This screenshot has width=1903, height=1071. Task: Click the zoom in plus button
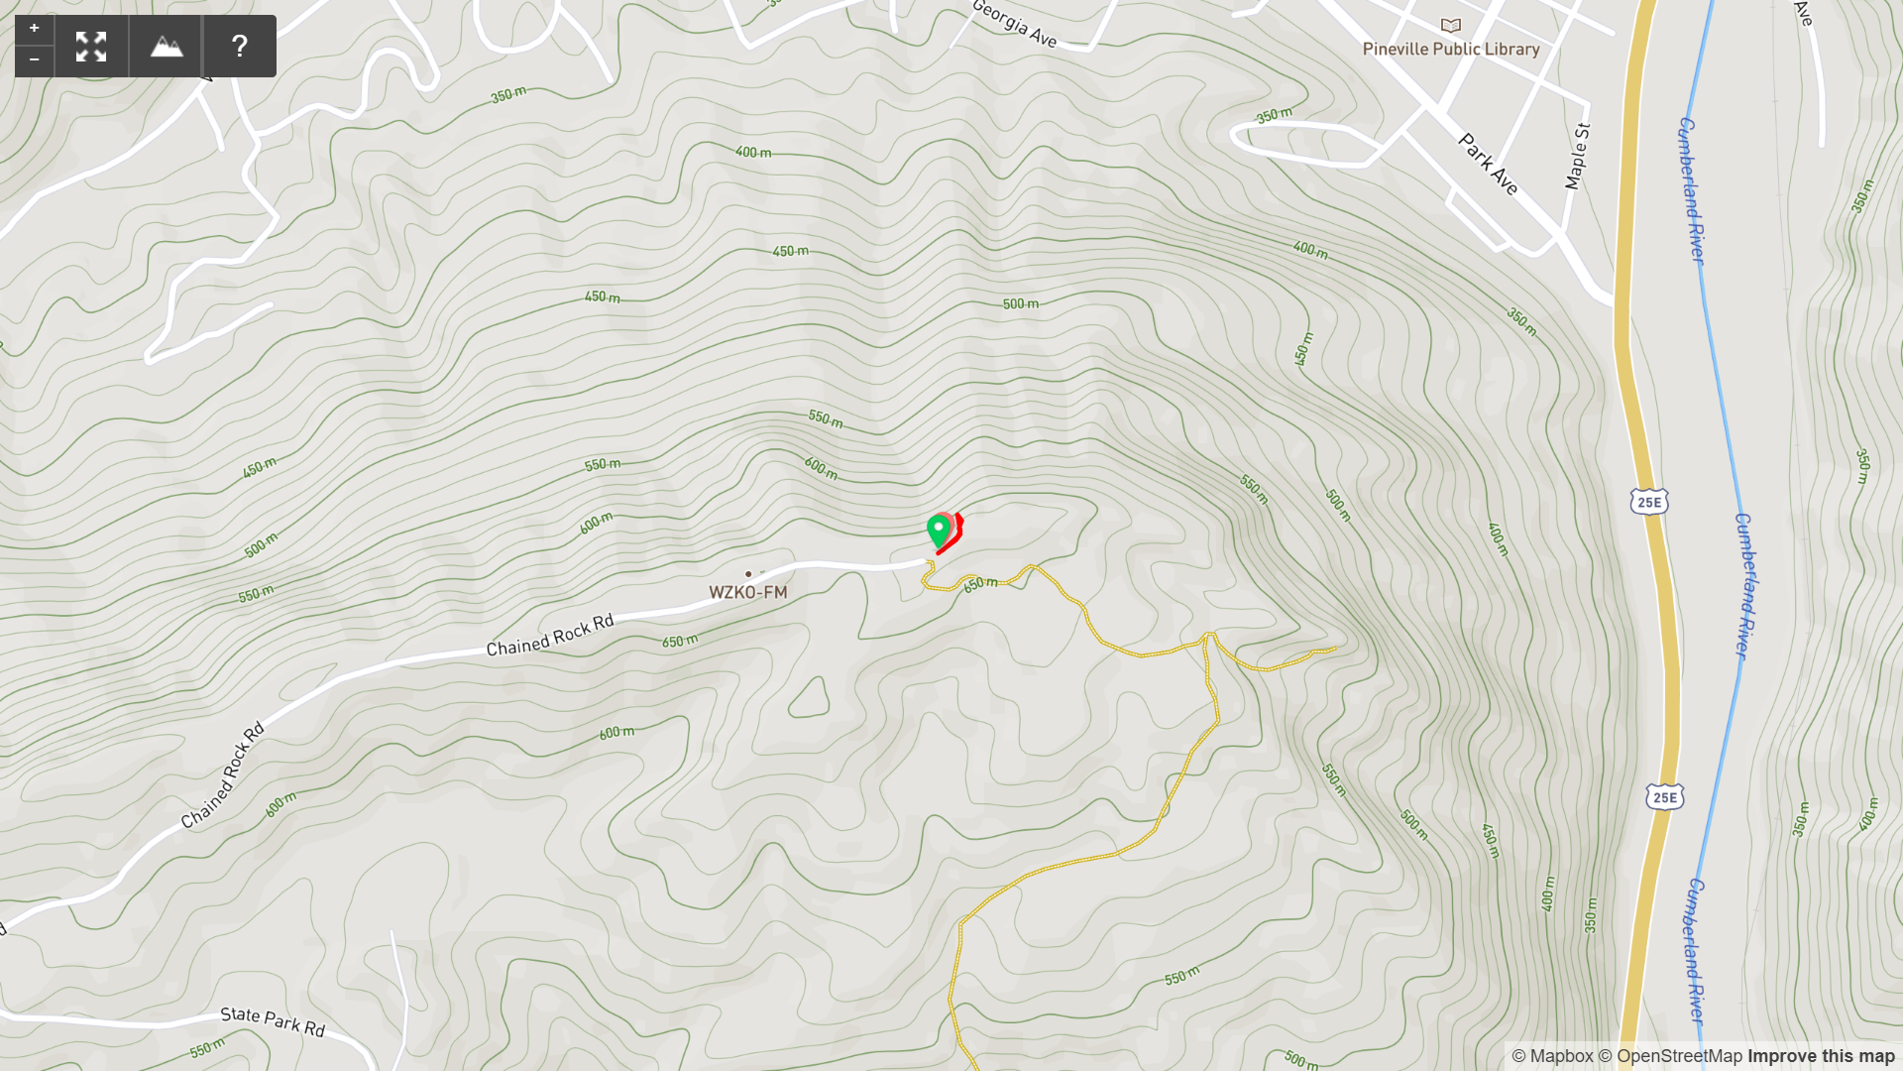pos(35,29)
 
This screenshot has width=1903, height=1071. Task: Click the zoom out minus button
pos(35,61)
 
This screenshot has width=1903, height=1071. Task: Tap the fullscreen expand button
pos(91,47)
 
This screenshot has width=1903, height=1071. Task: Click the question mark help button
pos(240,47)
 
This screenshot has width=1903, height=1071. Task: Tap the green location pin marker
pos(939,529)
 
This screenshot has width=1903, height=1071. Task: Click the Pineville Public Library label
pos(1451,50)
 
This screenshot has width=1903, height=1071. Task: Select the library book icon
pos(1451,26)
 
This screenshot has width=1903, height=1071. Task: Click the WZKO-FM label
pos(748,593)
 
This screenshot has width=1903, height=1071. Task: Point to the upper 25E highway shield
pos(1649,503)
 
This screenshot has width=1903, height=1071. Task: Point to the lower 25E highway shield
pos(1665,797)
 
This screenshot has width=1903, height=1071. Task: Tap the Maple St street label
pos(1577,157)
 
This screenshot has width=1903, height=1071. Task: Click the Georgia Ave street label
pos(1014,23)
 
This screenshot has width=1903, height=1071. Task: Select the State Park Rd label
pos(273,1021)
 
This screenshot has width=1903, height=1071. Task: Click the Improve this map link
pos(1821,1057)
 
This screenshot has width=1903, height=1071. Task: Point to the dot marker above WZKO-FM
pos(748,574)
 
